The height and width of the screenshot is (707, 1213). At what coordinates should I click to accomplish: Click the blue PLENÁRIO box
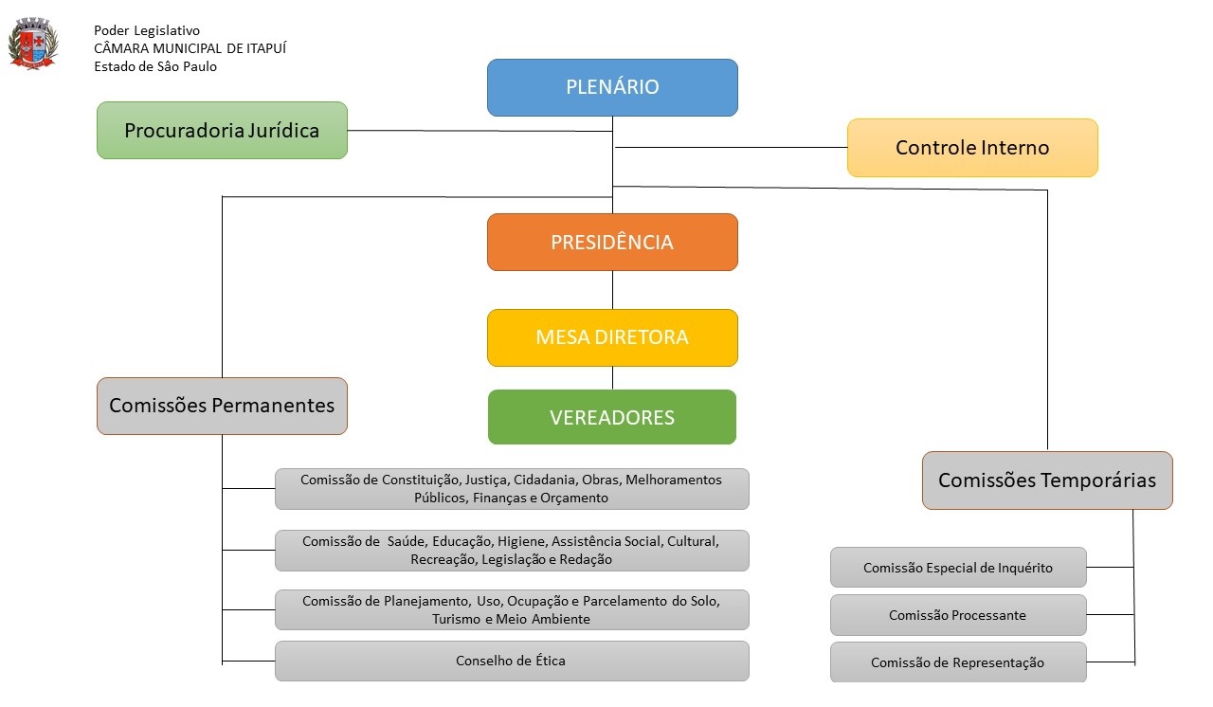point(612,87)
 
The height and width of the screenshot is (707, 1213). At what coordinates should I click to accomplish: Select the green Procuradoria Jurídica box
point(222,130)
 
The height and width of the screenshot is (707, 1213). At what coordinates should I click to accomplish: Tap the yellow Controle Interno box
point(972,148)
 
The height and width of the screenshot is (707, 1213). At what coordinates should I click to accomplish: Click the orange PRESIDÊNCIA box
point(612,242)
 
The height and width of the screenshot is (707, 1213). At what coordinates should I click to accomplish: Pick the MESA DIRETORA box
point(612,337)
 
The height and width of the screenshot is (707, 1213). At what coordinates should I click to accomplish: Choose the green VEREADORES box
point(612,417)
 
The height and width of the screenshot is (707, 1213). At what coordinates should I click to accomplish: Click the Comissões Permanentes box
point(222,406)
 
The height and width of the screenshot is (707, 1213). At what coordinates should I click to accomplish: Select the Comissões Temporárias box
point(1047,480)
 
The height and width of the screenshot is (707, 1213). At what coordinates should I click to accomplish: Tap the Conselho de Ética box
point(512,661)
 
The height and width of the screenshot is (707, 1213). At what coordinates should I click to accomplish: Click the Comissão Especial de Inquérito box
point(958,568)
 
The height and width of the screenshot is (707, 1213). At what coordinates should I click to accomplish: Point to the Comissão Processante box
point(958,615)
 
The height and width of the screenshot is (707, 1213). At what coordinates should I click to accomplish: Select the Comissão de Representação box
point(958,662)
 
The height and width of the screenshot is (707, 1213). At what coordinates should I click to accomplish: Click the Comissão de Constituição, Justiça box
point(512,489)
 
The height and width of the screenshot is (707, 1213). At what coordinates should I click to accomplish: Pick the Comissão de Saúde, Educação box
point(512,551)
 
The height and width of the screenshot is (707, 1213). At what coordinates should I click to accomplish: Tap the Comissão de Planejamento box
point(512,610)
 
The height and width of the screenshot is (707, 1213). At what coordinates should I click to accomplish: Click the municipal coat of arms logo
point(33,45)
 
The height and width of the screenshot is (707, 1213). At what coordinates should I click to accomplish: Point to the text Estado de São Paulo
point(155,66)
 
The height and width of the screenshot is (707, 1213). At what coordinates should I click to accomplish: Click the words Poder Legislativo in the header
point(147,30)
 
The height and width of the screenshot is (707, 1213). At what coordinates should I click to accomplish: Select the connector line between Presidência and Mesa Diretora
point(612,290)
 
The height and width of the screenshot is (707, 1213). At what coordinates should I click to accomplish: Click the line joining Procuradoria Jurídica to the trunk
point(474,131)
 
